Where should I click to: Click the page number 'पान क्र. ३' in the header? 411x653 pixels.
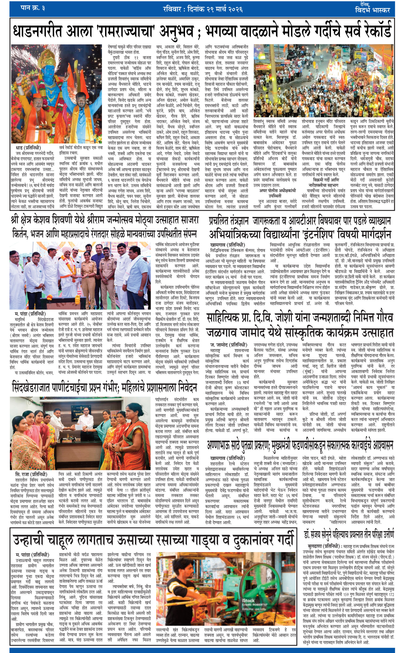point(33,8)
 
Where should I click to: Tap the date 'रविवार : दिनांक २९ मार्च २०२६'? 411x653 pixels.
point(203,9)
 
